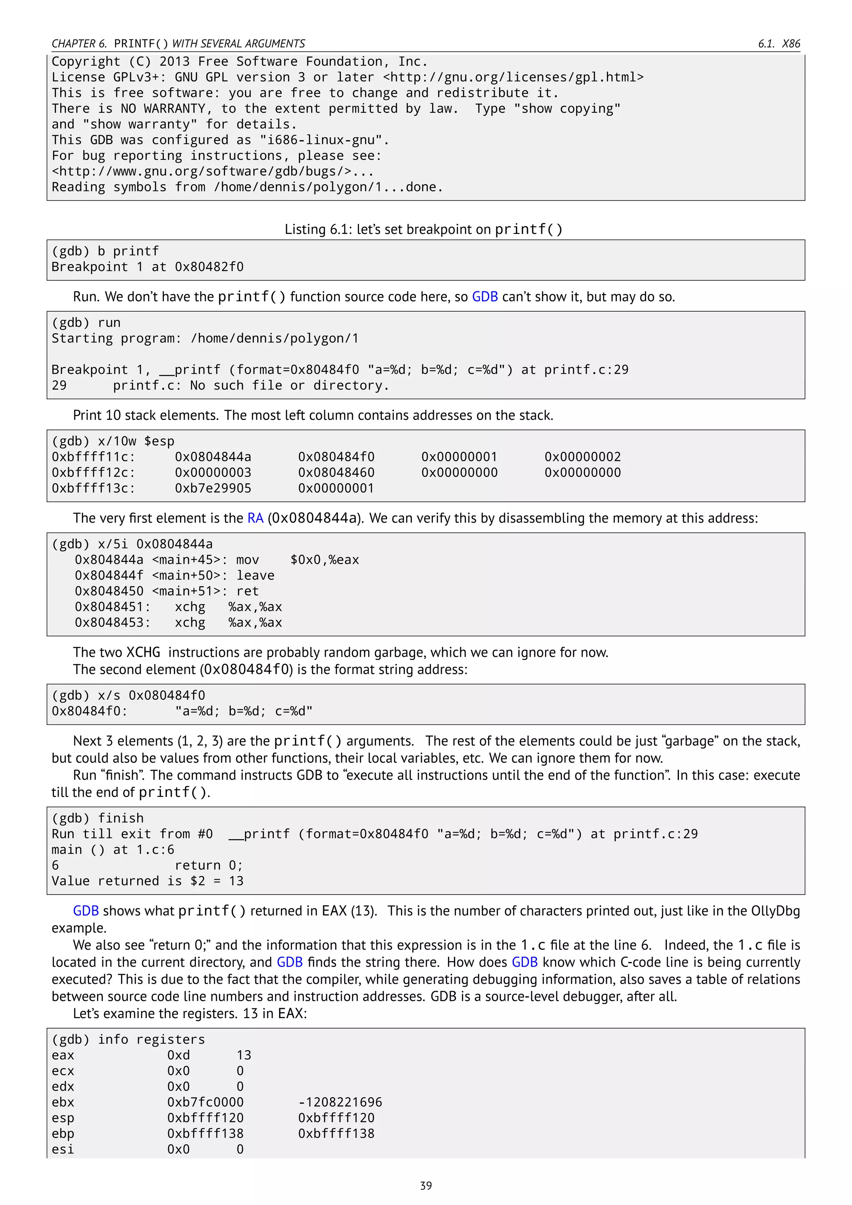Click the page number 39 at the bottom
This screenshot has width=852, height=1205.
[x=426, y=1185]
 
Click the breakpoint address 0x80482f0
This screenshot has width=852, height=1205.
[x=209, y=267]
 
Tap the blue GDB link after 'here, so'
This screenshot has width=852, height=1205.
[x=484, y=297]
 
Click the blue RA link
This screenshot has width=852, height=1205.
[x=255, y=518]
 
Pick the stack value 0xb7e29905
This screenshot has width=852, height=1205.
[x=213, y=488]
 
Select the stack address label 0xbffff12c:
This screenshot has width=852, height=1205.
[x=93, y=472]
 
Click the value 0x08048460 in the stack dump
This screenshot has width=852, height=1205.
[x=336, y=472]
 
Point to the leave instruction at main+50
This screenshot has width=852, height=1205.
[x=255, y=575]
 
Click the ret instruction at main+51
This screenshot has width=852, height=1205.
[x=247, y=591]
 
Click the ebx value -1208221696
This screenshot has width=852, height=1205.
[x=340, y=1102]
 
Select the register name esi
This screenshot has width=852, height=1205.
[x=62, y=1149]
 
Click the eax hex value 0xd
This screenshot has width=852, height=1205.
[x=178, y=1055]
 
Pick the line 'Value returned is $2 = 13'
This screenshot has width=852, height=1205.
[x=147, y=881]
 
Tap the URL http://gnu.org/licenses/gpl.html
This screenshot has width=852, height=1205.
[x=513, y=77]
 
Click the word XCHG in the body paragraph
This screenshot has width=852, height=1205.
[x=143, y=652]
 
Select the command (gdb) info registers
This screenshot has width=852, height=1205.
[x=128, y=1039]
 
